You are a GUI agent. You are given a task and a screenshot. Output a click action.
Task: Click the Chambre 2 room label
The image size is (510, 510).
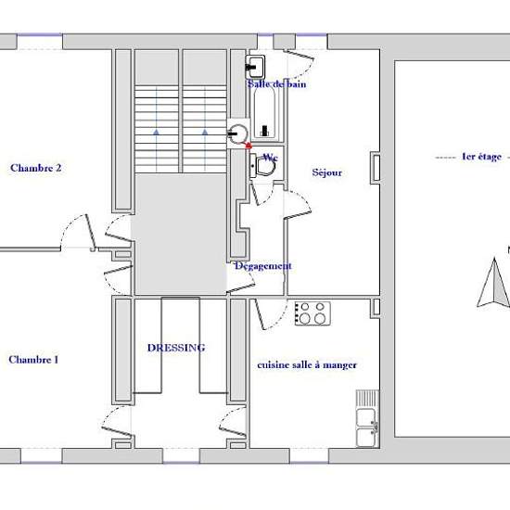[x=36, y=168]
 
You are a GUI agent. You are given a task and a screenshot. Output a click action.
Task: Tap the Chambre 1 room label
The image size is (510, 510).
[x=33, y=360]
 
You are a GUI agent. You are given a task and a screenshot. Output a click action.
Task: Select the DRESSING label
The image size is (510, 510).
[x=176, y=348]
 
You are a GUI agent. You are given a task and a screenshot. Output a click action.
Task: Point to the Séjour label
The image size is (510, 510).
[x=327, y=172]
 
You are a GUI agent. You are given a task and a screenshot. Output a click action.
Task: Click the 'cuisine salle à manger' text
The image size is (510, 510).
[x=307, y=365]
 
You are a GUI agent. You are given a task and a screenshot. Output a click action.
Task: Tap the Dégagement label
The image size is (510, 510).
[x=263, y=266]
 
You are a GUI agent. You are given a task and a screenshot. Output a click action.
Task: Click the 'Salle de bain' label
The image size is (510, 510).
[x=277, y=83]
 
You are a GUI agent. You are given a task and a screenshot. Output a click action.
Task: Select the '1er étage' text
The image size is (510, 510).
[x=481, y=157]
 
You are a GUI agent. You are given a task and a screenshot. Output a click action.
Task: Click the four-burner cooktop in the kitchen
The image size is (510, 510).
[x=312, y=313]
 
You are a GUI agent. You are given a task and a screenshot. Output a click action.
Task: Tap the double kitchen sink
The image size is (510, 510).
[x=367, y=419]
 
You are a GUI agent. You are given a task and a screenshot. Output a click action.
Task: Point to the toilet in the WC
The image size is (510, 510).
[x=262, y=166]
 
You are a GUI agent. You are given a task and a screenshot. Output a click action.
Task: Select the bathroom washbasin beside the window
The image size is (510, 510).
[x=255, y=67]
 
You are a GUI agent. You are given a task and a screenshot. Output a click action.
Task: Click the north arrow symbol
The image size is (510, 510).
[x=493, y=282]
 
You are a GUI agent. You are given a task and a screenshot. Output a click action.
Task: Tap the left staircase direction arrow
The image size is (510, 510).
[x=157, y=132]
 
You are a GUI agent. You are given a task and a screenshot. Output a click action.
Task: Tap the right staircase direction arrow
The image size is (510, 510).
[x=205, y=132]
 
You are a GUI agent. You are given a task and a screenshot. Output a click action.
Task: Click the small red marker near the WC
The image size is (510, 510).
[x=249, y=146]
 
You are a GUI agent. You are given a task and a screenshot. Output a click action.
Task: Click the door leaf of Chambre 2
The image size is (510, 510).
[x=90, y=231]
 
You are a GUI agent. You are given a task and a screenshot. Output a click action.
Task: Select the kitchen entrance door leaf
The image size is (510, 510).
[x=260, y=313]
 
